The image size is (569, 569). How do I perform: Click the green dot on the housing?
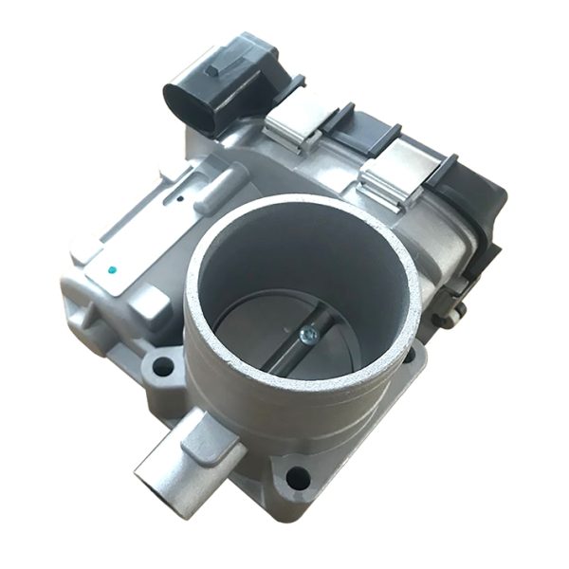(113, 269)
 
